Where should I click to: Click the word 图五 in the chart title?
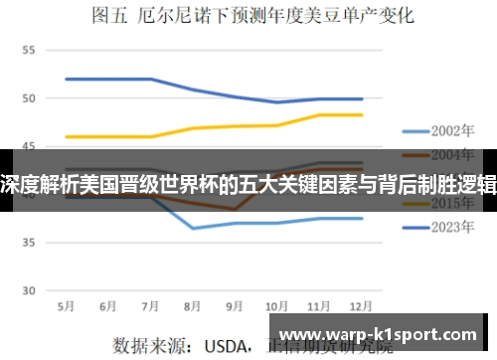tap(107, 15)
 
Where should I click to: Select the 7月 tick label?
tap(151, 306)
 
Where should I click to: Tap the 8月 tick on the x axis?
tap(193, 306)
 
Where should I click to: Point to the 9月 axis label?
tap(235, 306)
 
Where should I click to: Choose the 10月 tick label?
tap(277, 306)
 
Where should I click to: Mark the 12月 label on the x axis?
tap(361, 306)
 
